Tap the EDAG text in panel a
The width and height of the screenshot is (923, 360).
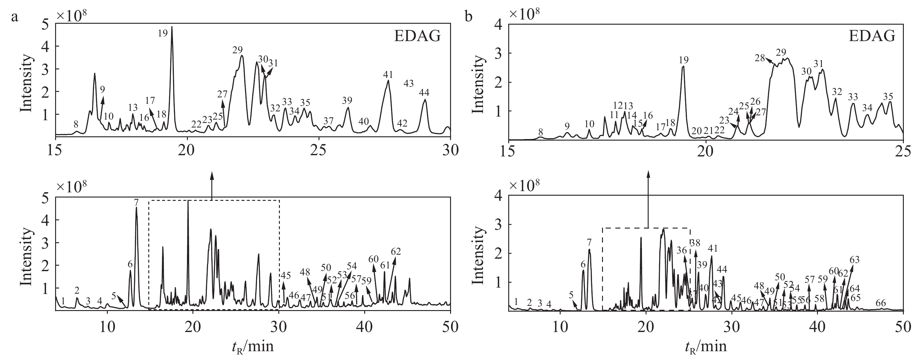[x=417, y=36]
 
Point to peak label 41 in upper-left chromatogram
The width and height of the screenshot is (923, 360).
[x=388, y=75]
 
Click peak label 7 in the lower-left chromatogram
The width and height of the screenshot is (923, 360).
[x=136, y=202]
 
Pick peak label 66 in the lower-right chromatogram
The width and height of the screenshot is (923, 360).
[x=881, y=303]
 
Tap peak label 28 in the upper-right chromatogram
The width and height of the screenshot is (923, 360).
[x=759, y=58]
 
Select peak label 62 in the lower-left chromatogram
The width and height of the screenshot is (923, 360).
[x=396, y=251]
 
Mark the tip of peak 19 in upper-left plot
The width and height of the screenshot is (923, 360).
[x=172, y=26]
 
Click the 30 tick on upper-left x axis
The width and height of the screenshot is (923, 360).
[x=450, y=150]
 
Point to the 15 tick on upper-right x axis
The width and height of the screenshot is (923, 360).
[x=509, y=151]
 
